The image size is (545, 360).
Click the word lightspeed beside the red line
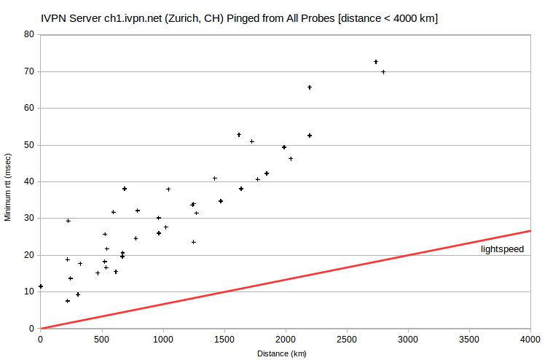click(x=502, y=249)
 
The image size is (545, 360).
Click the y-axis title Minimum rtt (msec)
click(x=7, y=187)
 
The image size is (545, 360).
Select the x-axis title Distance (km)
click(x=282, y=353)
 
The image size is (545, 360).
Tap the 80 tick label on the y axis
click(x=29, y=34)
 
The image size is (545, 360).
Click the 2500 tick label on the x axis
click(x=347, y=340)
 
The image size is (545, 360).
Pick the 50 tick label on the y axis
click(x=29, y=145)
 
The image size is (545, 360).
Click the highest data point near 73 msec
click(x=376, y=62)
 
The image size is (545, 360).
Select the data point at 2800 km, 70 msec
click(x=383, y=72)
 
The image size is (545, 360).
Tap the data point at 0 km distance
click(x=41, y=286)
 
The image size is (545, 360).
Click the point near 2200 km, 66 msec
click(x=310, y=87)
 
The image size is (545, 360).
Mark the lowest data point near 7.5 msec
click(x=68, y=301)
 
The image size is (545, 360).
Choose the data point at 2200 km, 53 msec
click(x=310, y=136)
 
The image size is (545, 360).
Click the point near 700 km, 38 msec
click(x=125, y=189)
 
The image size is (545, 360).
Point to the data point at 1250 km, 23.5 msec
click(x=194, y=242)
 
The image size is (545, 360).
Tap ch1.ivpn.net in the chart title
click(x=133, y=18)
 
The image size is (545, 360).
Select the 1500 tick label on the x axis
click(x=224, y=340)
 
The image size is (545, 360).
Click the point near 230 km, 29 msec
click(x=68, y=221)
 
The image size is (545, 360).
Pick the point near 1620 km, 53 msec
click(x=239, y=135)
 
